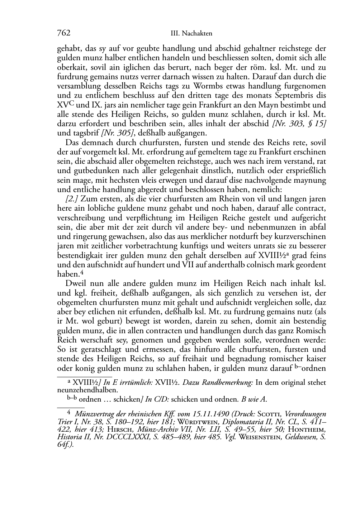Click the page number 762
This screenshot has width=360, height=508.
(63, 33)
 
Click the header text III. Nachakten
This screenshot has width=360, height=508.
(191, 33)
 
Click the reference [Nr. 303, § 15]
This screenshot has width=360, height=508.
(299, 124)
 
